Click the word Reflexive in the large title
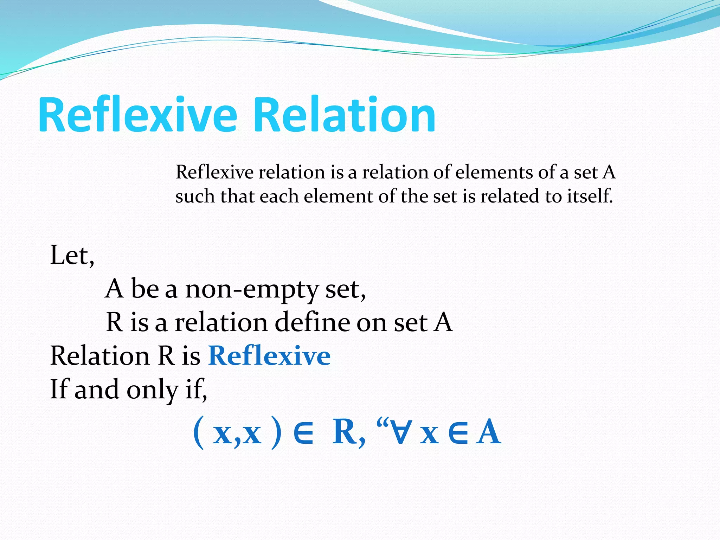tap(138, 115)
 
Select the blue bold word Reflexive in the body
tap(269, 356)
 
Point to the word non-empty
tap(251, 289)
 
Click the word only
tap(152, 390)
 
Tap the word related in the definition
tap(510, 196)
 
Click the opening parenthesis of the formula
tap(199, 433)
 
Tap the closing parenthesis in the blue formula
tap(276, 433)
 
